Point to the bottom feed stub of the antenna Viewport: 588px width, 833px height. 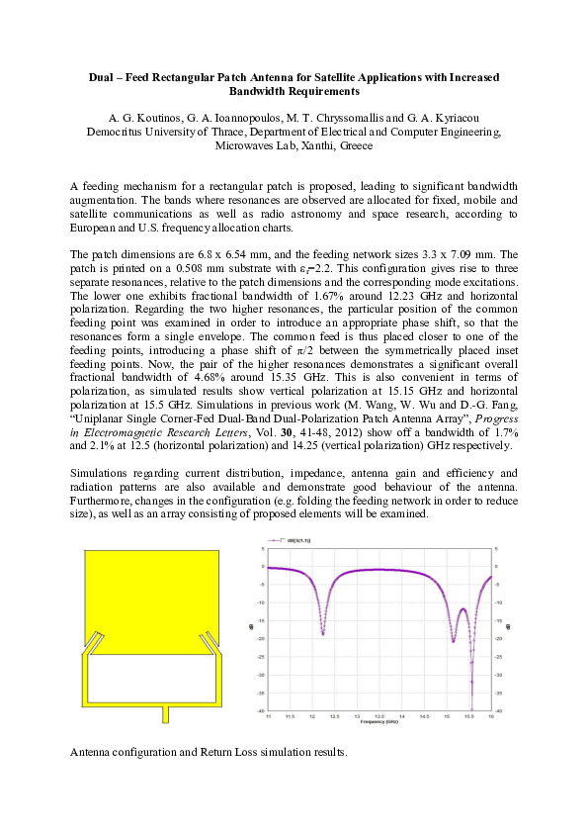click(x=167, y=713)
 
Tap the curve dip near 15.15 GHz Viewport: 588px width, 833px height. click(x=453, y=641)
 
